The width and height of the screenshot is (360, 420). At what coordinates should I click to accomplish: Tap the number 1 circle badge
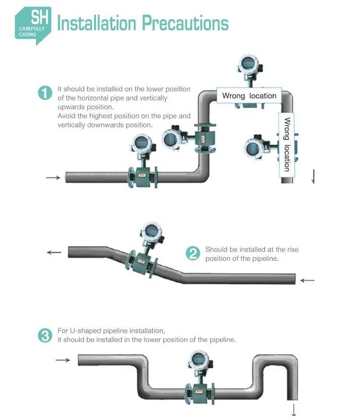pyautogui.click(x=45, y=93)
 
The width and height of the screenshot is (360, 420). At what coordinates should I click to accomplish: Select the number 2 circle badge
pyautogui.click(x=192, y=253)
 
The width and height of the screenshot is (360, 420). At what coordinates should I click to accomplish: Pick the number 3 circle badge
pyautogui.click(x=45, y=335)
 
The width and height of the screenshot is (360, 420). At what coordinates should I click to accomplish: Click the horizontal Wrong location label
pyautogui.click(x=249, y=96)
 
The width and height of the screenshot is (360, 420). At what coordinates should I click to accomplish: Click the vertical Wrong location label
pyautogui.click(x=287, y=144)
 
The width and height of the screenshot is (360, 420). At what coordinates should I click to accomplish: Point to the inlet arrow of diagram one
pyautogui.click(x=53, y=178)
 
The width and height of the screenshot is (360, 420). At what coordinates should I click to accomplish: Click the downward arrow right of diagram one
pyautogui.click(x=313, y=176)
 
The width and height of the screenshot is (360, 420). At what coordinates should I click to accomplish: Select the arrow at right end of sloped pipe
pyautogui.click(x=307, y=280)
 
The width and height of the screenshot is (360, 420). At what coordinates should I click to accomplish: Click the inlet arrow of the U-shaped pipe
pyautogui.click(x=63, y=360)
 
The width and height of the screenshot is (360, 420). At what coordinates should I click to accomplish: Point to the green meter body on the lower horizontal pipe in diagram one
pyautogui.click(x=142, y=176)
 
